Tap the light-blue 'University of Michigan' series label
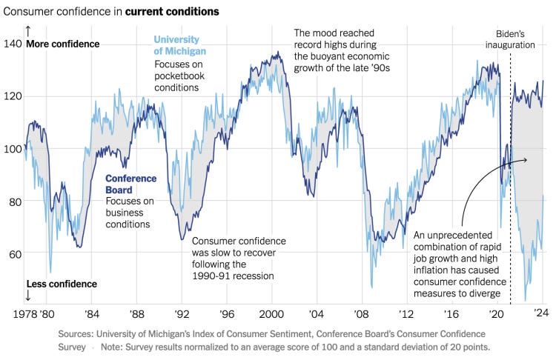[180, 45]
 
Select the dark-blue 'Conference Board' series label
[130, 184]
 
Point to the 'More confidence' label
[62, 44]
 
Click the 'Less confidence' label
[61, 284]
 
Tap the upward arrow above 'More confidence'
[28, 31]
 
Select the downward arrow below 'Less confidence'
[28, 296]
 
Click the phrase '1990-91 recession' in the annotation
[233, 276]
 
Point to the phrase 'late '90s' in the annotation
[376, 68]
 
